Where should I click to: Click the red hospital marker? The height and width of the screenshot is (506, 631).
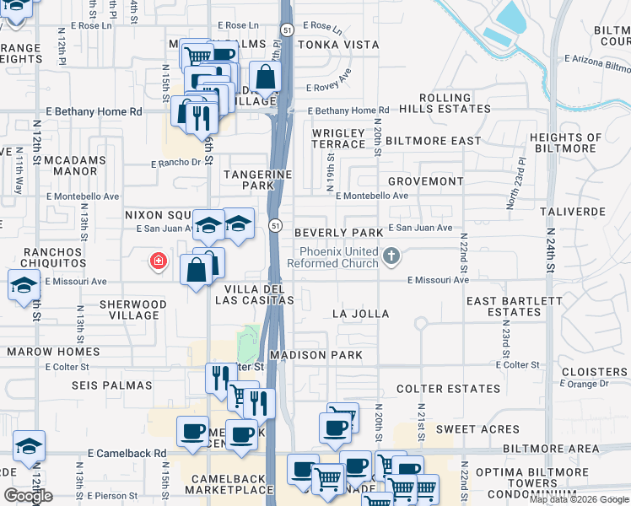coord(157,261)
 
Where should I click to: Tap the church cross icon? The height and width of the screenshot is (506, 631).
coord(391,256)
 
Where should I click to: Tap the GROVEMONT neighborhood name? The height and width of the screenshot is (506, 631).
coord(425,181)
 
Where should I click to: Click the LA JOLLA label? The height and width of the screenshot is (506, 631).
coord(360,314)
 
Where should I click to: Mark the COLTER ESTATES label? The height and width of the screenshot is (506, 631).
coord(448,389)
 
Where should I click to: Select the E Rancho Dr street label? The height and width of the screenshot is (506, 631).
coord(176,164)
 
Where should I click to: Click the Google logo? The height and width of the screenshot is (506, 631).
coord(28,496)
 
